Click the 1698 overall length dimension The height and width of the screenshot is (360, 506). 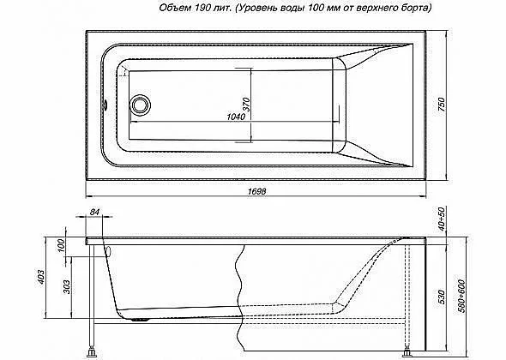coord(257,191)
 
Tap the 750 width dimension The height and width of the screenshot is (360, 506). coord(441,105)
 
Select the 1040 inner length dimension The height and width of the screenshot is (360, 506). coord(236,117)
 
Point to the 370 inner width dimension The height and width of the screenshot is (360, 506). coord(246,105)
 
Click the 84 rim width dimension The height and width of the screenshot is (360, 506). coord(94,212)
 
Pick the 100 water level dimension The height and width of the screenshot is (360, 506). coord(61,246)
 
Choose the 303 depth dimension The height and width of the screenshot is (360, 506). coord(66,287)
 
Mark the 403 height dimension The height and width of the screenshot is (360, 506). coord(40,278)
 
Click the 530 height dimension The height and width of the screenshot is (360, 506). coord(441,297)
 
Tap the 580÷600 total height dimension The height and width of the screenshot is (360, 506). coord(462,296)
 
